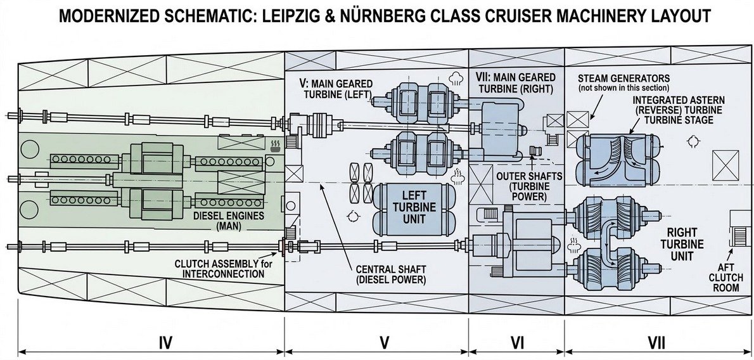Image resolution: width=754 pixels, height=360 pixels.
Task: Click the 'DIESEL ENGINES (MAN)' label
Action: click(228, 221)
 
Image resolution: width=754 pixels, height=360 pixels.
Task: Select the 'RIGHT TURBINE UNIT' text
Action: click(682, 244)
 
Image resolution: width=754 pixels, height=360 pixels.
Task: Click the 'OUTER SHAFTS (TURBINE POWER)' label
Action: click(529, 186)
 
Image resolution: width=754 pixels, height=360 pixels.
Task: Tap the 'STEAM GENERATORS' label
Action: click(623, 78)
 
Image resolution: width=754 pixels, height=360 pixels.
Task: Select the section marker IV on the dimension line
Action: click(165, 343)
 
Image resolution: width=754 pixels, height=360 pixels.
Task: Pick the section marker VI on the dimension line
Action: click(518, 343)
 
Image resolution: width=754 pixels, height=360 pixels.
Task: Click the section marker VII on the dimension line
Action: click(657, 343)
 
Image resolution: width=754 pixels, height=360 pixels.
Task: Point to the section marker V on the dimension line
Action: click(384, 343)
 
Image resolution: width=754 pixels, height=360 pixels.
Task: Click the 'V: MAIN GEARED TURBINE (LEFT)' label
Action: click(335, 88)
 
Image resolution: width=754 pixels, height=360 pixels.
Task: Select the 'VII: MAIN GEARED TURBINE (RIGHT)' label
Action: click(515, 83)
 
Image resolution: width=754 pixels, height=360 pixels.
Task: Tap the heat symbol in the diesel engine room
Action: click(276, 146)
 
